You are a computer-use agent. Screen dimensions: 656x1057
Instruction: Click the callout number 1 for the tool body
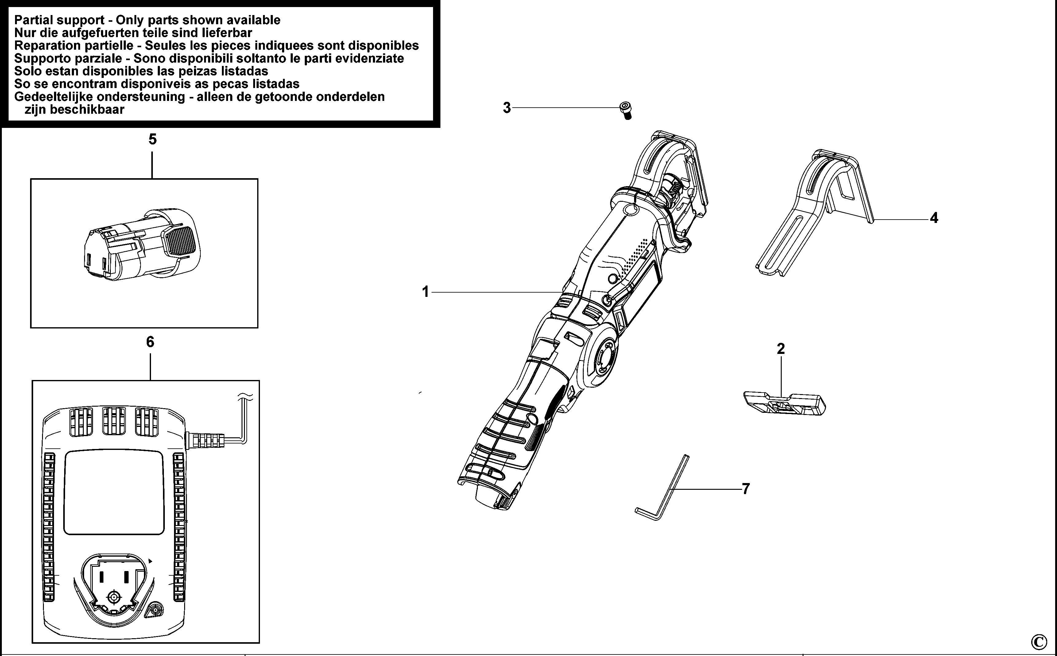click(425, 292)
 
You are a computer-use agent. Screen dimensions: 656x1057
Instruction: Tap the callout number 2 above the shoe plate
click(780, 349)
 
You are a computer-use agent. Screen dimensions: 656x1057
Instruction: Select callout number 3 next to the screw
click(507, 108)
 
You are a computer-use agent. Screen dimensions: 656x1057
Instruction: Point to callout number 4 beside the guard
click(934, 218)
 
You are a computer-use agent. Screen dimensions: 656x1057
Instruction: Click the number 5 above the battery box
click(152, 139)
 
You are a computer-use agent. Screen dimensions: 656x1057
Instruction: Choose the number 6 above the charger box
click(150, 342)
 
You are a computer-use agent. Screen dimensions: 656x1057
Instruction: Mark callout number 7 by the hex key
click(746, 489)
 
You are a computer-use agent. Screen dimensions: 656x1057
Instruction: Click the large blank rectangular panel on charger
click(114, 493)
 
